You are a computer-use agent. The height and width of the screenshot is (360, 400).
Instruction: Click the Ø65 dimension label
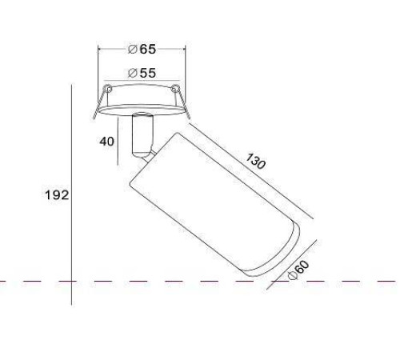tap(142, 49)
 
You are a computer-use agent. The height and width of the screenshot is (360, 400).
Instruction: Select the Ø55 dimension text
tap(142, 73)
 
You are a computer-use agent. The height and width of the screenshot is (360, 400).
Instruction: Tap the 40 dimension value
tap(107, 142)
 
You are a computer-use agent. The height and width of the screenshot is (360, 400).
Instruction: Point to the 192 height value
tap(57, 195)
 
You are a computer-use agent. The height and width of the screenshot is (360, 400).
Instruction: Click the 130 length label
tap(255, 161)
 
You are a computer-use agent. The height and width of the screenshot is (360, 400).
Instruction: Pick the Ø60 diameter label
tap(299, 270)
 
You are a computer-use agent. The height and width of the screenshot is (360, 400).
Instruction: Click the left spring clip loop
tap(108, 88)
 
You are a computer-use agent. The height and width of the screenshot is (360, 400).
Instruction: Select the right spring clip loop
tap(175, 88)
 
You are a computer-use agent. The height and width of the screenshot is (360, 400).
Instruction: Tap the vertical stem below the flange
tap(143, 134)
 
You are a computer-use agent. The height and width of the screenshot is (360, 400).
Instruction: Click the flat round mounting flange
tap(142, 110)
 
